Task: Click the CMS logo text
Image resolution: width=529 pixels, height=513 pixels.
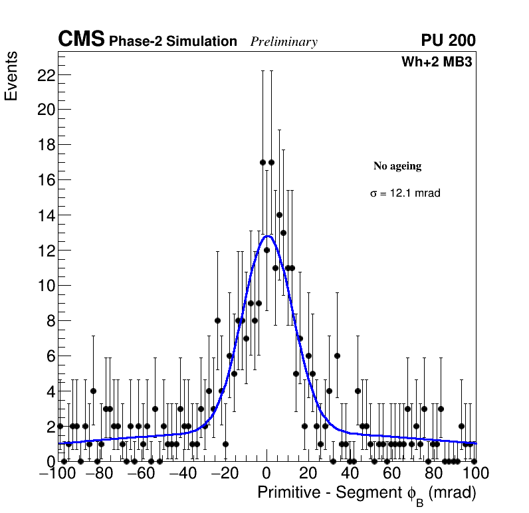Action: point(81,40)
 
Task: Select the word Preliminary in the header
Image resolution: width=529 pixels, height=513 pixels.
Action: point(284,42)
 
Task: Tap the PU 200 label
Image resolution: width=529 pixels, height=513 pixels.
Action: point(448,41)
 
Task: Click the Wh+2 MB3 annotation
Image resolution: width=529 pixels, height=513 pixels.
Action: point(437,62)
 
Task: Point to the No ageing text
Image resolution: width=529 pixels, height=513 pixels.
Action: point(397,166)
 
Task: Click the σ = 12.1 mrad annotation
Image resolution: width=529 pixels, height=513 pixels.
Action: point(405,193)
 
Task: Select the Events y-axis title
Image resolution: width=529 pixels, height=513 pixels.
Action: point(11,76)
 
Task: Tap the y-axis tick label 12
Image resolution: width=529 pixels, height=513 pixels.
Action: point(45,251)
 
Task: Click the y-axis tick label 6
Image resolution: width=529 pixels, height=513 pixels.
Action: point(49,356)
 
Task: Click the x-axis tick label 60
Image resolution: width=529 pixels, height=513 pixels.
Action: point(392,474)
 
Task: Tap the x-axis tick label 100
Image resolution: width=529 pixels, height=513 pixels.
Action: point(476,474)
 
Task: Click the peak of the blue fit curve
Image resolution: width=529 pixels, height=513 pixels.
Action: point(267,236)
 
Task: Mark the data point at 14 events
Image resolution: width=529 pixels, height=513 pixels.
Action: point(279,215)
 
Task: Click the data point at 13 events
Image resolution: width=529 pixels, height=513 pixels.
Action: point(283,233)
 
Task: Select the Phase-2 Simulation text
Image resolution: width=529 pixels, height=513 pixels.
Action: point(173,42)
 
